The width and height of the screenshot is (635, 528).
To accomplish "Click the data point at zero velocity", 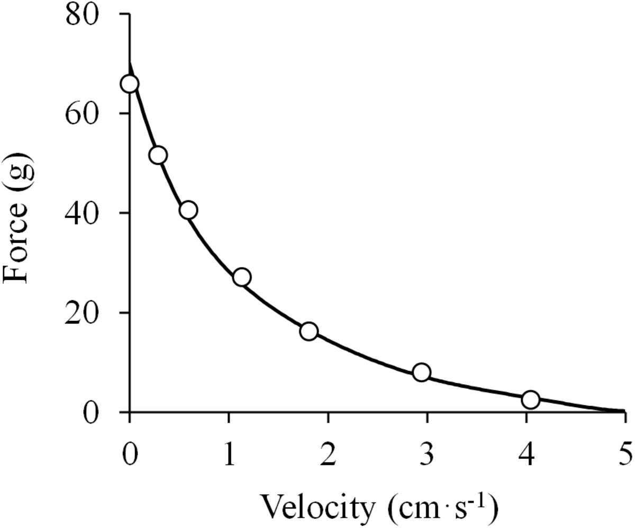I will (129, 84).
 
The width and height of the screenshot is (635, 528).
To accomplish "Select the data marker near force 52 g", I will (158, 155).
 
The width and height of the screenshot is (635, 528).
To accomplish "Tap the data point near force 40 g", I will (188, 210).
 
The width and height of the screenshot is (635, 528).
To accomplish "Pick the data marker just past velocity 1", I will (242, 277).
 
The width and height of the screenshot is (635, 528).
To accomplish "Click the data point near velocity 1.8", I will (309, 332).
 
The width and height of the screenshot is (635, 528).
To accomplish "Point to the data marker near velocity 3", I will (422, 372).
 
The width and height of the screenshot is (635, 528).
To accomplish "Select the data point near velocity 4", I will (530, 400).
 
